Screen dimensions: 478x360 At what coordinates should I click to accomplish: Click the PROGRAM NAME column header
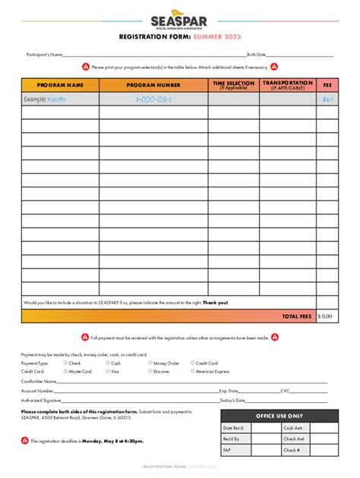(x=59, y=85)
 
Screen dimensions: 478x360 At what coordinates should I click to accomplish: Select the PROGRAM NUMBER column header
(x=153, y=85)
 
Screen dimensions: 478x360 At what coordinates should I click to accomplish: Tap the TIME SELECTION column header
(x=233, y=85)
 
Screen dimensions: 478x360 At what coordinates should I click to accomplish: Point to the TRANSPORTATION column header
(x=288, y=85)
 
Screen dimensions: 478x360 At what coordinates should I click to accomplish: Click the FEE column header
(x=327, y=85)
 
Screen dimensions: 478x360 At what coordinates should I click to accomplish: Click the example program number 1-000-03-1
(x=153, y=99)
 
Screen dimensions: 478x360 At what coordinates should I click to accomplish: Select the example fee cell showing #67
(x=327, y=99)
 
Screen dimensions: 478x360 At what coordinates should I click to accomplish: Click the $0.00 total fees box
(x=327, y=316)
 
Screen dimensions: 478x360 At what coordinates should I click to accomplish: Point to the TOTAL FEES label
(x=296, y=316)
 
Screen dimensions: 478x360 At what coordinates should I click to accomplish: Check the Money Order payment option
(x=150, y=363)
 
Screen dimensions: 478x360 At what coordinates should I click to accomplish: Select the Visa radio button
(x=109, y=372)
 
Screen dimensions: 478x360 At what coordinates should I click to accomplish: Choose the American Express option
(x=192, y=372)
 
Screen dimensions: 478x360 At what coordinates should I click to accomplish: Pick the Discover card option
(x=150, y=372)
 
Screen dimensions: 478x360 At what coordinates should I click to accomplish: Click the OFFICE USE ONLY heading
(x=279, y=416)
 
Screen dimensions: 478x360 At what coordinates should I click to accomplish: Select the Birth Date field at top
(x=300, y=55)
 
